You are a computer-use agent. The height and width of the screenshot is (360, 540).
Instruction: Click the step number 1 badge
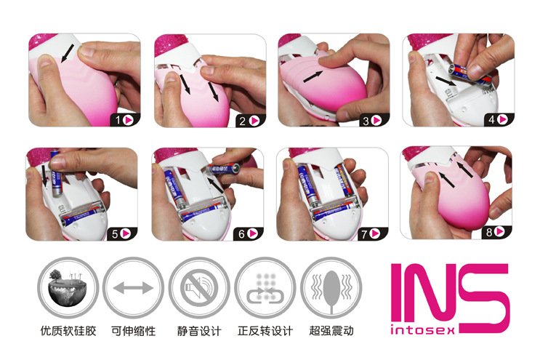click(x=125, y=120)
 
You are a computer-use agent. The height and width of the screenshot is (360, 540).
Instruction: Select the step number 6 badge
click(x=249, y=234)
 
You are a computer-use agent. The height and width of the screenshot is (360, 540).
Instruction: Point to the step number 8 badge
click(x=496, y=232)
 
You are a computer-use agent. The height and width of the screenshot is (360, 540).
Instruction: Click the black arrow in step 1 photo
click(x=68, y=53)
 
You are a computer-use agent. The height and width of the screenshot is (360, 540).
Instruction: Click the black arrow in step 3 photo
click(x=313, y=77)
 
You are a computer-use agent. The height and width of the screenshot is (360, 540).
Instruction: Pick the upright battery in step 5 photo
click(x=56, y=173)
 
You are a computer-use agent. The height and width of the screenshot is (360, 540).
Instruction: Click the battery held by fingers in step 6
click(x=225, y=169)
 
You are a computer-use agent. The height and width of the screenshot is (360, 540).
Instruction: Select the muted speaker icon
click(x=199, y=287)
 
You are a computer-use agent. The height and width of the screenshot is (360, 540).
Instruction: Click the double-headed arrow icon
click(x=133, y=288)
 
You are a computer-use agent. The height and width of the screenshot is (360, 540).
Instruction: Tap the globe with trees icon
click(x=68, y=287)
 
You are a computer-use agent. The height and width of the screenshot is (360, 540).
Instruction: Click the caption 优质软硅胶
click(x=68, y=331)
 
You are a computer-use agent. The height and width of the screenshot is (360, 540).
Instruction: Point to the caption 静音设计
click(x=199, y=331)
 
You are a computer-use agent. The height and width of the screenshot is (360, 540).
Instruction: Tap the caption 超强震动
click(x=331, y=331)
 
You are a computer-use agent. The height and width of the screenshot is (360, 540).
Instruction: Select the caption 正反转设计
click(x=265, y=331)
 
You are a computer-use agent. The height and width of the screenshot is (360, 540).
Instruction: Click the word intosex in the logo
click(x=422, y=330)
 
